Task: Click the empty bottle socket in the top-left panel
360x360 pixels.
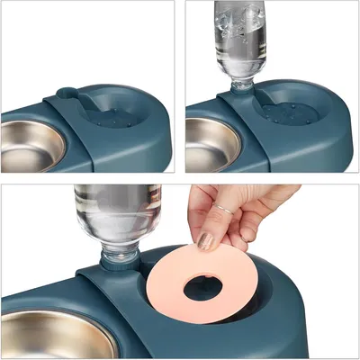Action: tap(67, 93)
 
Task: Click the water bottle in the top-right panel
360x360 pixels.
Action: tap(240, 36)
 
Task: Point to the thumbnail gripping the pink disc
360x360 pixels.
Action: tap(207, 240)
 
